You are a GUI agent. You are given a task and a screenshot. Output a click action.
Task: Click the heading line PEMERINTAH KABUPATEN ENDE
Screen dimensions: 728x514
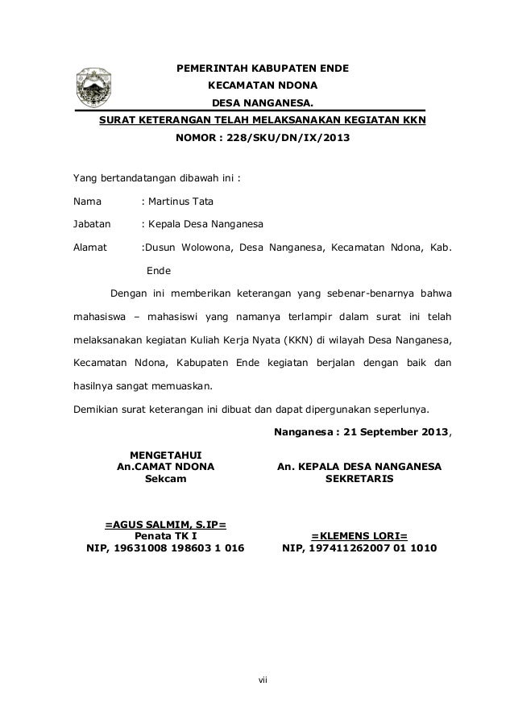pos(263,68)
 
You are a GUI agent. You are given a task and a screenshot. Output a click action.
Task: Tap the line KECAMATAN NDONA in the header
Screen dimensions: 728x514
pos(263,85)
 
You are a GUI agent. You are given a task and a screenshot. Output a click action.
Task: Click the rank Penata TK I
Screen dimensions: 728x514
pos(165,537)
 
